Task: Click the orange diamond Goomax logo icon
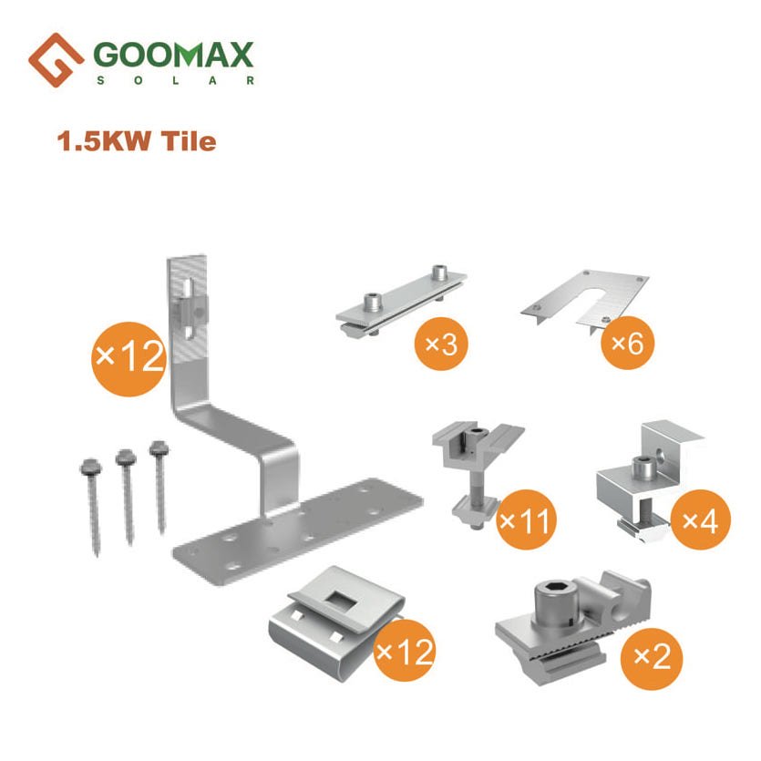56,60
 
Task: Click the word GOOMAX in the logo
173,55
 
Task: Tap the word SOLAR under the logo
176,80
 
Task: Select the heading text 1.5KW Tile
137,141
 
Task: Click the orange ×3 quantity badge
441,345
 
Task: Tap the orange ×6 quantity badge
628,343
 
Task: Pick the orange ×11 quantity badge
526,519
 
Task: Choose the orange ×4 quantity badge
700,519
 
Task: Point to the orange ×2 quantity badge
652,658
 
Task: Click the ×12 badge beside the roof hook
129,359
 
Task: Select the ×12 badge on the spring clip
405,651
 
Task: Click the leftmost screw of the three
92,506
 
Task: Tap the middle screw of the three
128,496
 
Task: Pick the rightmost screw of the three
159,487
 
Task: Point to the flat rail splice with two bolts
401,301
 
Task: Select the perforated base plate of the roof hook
297,530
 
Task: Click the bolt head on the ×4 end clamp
643,467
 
